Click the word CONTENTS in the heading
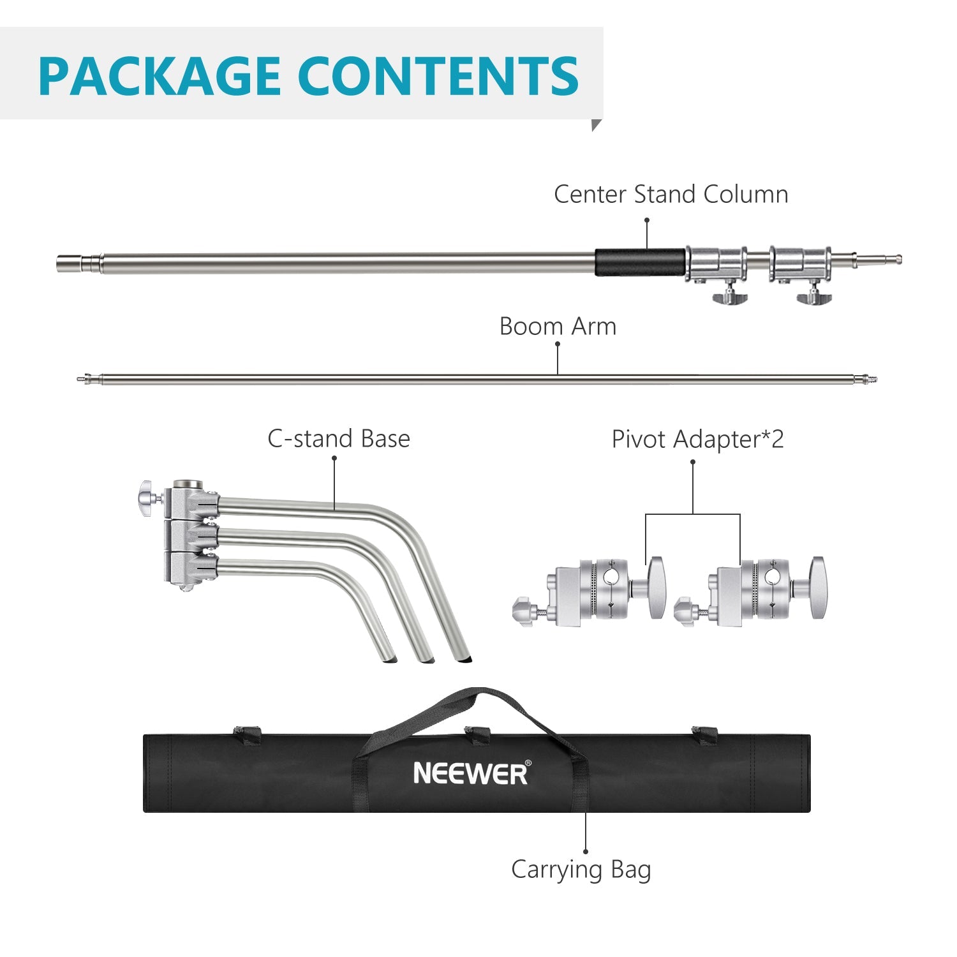pos(438,76)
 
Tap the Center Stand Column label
pos(671,195)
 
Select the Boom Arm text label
pos(558,327)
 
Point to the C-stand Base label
pos(338,439)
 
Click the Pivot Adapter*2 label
pos(697,440)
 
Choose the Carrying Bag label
pos(581,870)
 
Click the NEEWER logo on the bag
pos(471,773)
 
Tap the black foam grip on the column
pos(640,262)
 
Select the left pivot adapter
pos(590,590)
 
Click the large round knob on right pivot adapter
pos(817,588)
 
